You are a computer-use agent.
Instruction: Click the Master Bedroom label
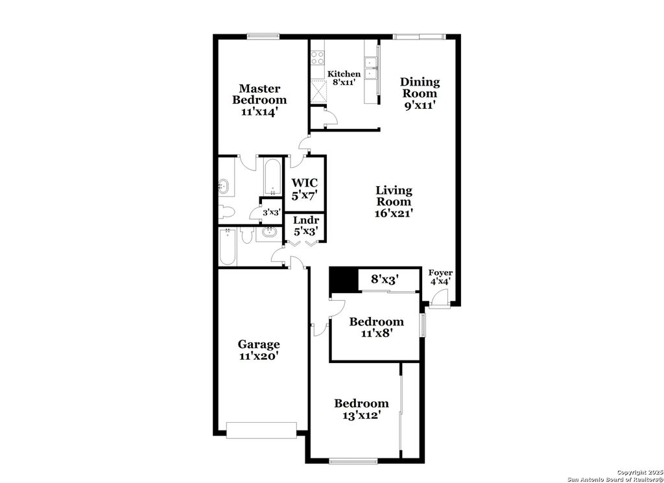[x=259, y=100]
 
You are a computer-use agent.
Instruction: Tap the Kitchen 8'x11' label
[x=344, y=78]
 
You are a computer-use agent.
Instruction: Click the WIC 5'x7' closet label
[x=305, y=189]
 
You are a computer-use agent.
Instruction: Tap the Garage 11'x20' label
[x=259, y=350]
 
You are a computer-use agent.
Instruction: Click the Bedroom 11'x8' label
[x=376, y=327]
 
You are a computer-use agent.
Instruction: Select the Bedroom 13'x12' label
[x=361, y=409]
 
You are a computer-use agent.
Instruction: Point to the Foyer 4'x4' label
[x=441, y=277]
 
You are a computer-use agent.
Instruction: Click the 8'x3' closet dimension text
[x=385, y=279]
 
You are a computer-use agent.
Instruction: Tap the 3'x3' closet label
[x=271, y=212]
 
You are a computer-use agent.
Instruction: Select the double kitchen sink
[x=371, y=68]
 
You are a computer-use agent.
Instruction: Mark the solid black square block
[x=344, y=280]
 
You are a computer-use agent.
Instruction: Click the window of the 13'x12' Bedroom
[x=353, y=461]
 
